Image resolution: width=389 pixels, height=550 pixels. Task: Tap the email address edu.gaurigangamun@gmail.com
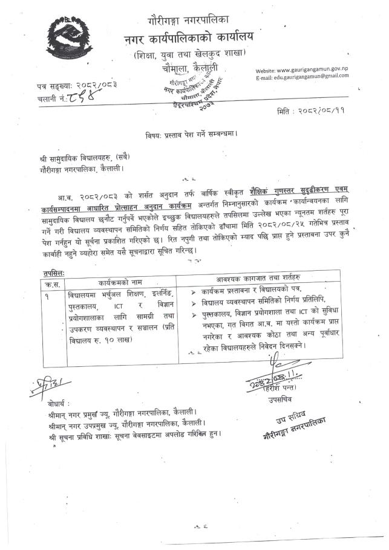(x=316, y=79)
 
